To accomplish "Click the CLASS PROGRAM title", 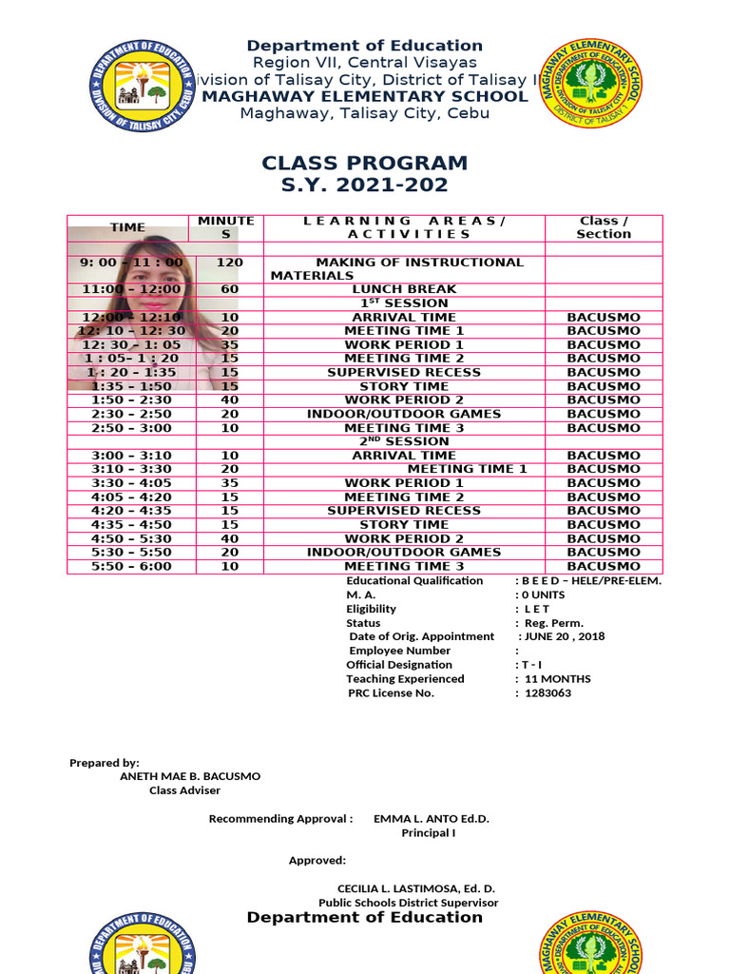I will (365, 163).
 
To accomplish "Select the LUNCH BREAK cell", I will (404, 289).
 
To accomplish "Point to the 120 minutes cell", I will (229, 263).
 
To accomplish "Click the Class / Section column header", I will (604, 227).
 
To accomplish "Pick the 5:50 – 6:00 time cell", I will (131, 567).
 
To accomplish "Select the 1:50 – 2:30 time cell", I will (131, 400).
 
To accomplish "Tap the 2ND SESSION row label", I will (404, 441).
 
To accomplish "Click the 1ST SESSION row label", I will (404, 303).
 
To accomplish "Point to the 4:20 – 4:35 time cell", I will (131, 511).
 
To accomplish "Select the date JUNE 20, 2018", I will (565, 637).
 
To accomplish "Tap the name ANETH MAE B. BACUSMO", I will (190, 776).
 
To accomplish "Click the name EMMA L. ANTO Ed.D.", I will (432, 819).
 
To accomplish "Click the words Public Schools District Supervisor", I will (408, 903).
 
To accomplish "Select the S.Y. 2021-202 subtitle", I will (365, 185).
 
